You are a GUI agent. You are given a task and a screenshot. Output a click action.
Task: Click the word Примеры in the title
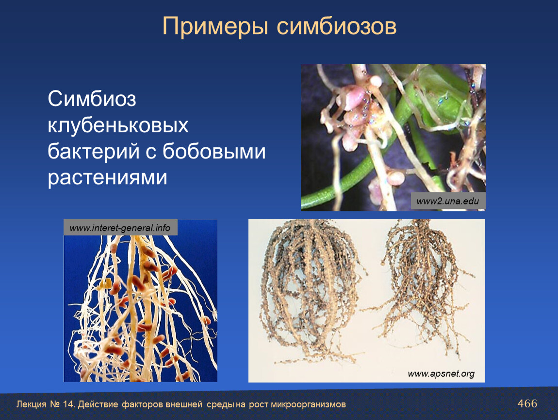(x=215, y=26)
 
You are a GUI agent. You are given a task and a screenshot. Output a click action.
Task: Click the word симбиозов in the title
(x=336, y=26)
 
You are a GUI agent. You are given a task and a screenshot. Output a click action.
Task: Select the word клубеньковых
(x=118, y=125)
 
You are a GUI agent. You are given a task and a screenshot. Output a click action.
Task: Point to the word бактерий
(x=94, y=151)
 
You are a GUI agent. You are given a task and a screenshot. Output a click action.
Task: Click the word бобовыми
(x=214, y=151)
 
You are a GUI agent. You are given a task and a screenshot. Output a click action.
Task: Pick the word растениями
(x=107, y=177)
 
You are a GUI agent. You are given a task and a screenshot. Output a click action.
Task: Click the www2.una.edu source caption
(x=448, y=201)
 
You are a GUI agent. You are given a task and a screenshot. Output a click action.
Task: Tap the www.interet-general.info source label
(x=120, y=228)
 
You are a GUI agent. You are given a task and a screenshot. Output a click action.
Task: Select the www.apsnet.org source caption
(x=441, y=374)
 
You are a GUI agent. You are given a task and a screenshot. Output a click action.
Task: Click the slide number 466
(x=527, y=403)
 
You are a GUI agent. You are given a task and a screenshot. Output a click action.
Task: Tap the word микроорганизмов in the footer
(x=308, y=404)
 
